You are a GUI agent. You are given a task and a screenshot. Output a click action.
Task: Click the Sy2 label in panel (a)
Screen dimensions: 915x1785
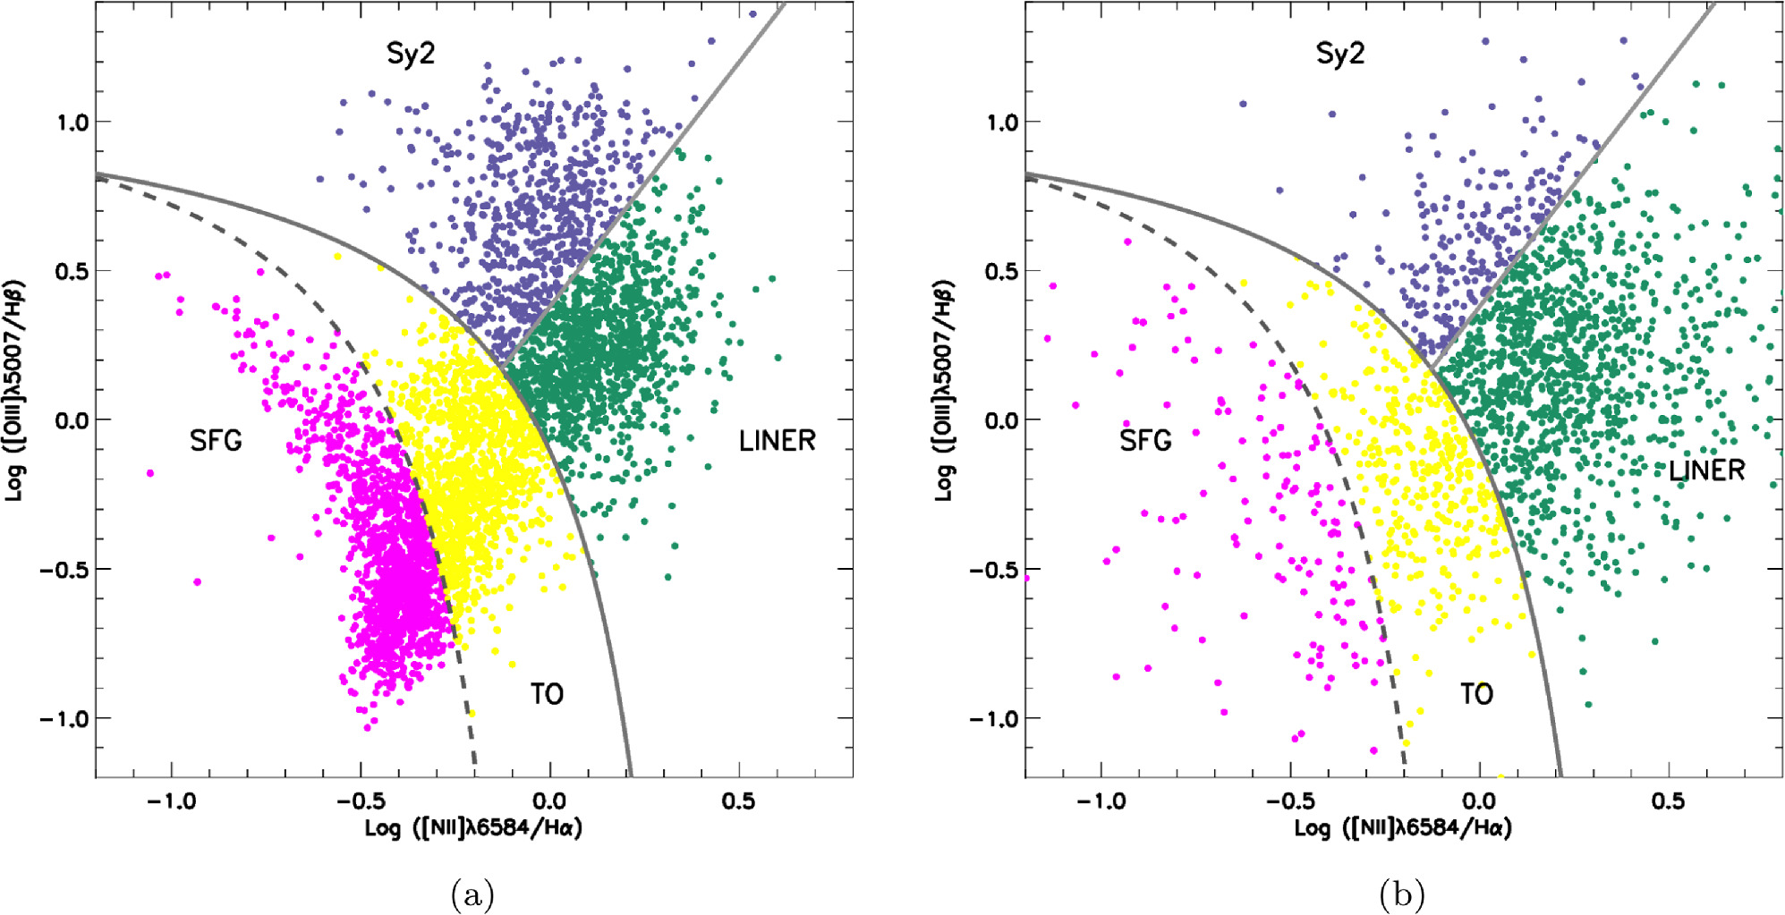click(x=410, y=54)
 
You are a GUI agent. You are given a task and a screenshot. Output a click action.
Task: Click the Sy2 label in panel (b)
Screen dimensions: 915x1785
click(x=1339, y=54)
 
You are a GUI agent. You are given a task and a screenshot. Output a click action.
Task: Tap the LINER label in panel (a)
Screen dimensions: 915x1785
click(x=777, y=440)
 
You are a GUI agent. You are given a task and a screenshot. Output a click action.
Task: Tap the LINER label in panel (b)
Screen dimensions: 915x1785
click(x=1706, y=470)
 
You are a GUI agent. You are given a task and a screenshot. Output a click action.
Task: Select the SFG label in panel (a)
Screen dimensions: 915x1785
click(x=216, y=440)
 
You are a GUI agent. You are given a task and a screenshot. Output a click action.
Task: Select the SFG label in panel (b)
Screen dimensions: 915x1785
click(x=1145, y=440)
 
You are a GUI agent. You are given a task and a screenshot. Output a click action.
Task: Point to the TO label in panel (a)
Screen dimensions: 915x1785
click(x=547, y=693)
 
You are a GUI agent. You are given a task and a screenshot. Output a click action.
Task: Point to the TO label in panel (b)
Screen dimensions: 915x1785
click(x=1476, y=693)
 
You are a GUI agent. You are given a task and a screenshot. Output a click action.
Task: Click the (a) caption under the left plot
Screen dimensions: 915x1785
click(x=472, y=894)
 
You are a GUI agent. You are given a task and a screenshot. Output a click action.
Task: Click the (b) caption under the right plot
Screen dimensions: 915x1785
click(x=1402, y=894)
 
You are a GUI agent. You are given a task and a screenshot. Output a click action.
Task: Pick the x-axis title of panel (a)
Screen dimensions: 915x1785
click(x=473, y=827)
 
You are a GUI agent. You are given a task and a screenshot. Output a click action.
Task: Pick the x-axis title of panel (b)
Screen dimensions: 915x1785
click(x=1403, y=827)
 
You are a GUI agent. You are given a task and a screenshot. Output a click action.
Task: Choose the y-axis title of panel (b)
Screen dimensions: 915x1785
click(x=945, y=391)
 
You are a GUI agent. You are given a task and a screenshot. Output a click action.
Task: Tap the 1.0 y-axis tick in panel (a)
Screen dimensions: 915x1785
click(x=72, y=122)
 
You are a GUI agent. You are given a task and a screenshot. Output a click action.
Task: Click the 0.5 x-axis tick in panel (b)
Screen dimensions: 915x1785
click(x=1668, y=801)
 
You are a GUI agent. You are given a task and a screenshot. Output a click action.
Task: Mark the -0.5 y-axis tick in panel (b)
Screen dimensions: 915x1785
click(x=994, y=570)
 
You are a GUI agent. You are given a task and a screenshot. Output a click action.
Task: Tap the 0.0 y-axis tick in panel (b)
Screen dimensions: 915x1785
click(x=1001, y=420)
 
